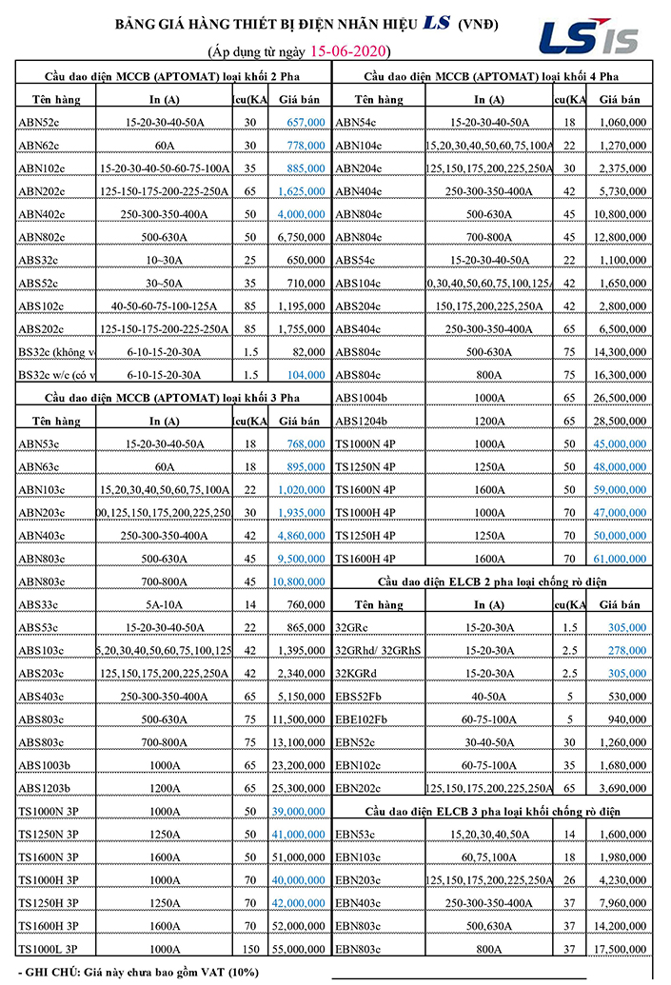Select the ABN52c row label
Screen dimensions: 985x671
39,123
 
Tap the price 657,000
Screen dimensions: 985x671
303,123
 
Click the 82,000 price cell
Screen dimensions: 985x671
306,351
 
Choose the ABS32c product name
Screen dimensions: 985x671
39,260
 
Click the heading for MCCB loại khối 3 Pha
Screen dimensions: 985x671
174,397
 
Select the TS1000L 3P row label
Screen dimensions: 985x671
48,949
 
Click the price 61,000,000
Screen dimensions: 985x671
621,559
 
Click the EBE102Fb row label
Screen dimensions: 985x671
362,719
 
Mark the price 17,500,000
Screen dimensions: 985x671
621,949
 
